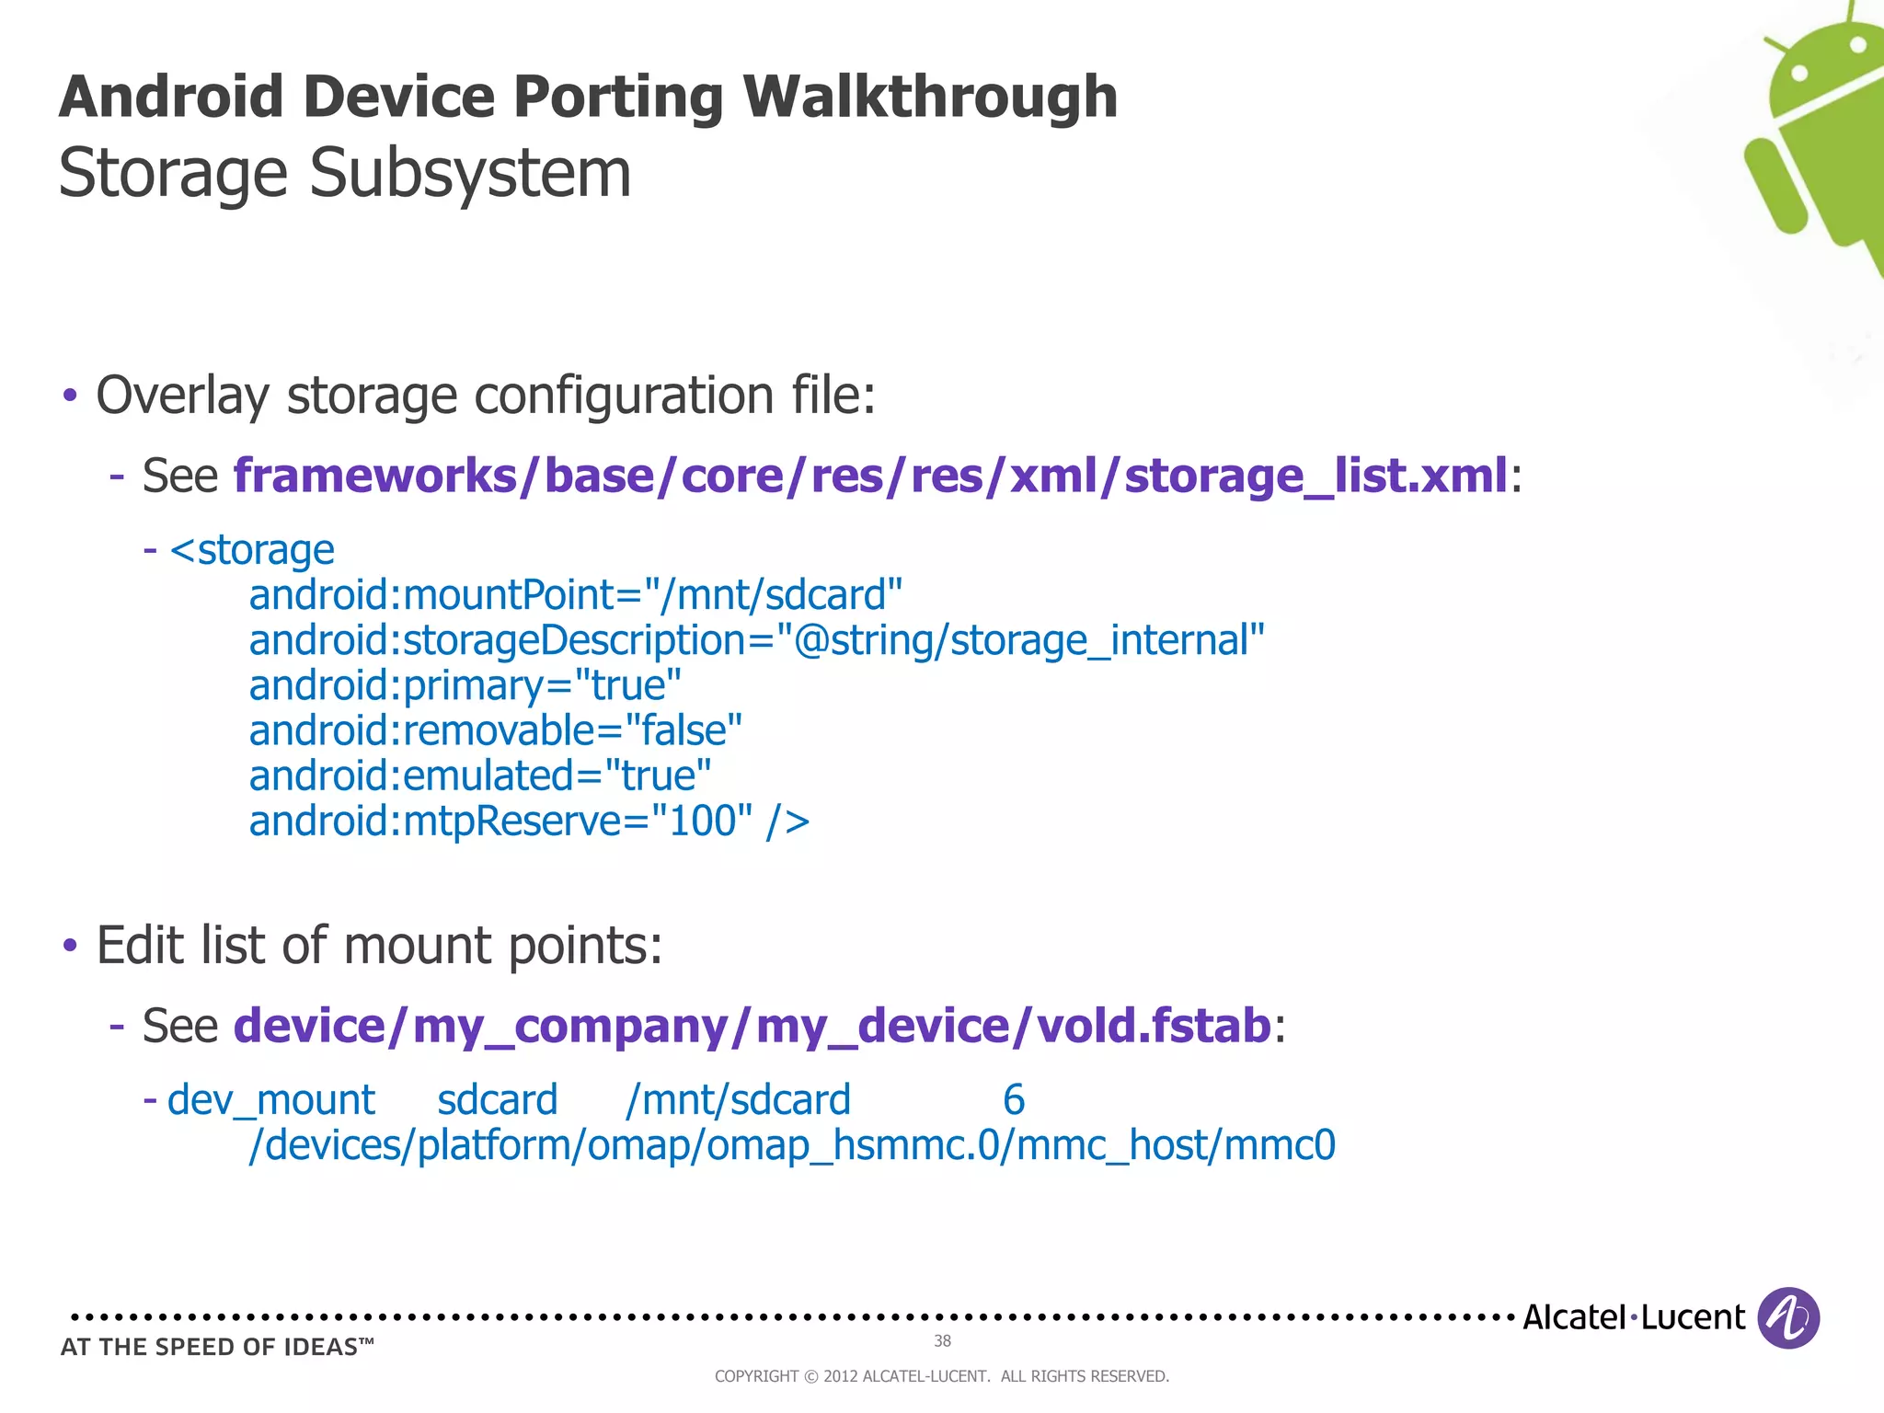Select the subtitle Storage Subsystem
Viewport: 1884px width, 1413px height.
pyautogui.click(x=345, y=173)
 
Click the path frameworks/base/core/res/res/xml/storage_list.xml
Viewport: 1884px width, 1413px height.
pyautogui.click(x=870, y=476)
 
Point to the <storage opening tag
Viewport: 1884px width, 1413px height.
pyautogui.click(x=252, y=550)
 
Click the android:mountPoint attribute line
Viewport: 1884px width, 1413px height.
pyautogui.click(x=575, y=595)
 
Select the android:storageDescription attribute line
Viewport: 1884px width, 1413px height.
pyautogui.click(x=756, y=640)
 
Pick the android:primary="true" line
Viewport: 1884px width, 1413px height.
pyautogui.click(x=465, y=685)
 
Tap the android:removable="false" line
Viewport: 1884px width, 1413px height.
pyautogui.click(x=495, y=730)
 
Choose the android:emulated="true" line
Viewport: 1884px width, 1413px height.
pyautogui.click(x=479, y=775)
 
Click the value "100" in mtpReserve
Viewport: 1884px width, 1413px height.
pyautogui.click(x=702, y=821)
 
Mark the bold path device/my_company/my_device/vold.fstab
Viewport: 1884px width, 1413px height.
pyautogui.click(x=752, y=1026)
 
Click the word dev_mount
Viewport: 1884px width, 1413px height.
pyautogui.click(x=270, y=1100)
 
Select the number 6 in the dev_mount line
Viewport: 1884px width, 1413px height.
pyautogui.click(x=1013, y=1100)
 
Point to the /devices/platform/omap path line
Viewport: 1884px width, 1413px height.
pyautogui.click(x=791, y=1145)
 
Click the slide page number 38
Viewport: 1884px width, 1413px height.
pyautogui.click(x=942, y=1341)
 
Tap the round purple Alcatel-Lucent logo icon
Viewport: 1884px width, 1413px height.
pyautogui.click(x=1787, y=1317)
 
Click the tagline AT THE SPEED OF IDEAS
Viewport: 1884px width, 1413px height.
pyautogui.click(x=217, y=1348)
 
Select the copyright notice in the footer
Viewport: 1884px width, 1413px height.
pyautogui.click(x=941, y=1376)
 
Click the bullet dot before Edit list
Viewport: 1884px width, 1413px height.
pyautogui.click(x=70, y=946)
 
